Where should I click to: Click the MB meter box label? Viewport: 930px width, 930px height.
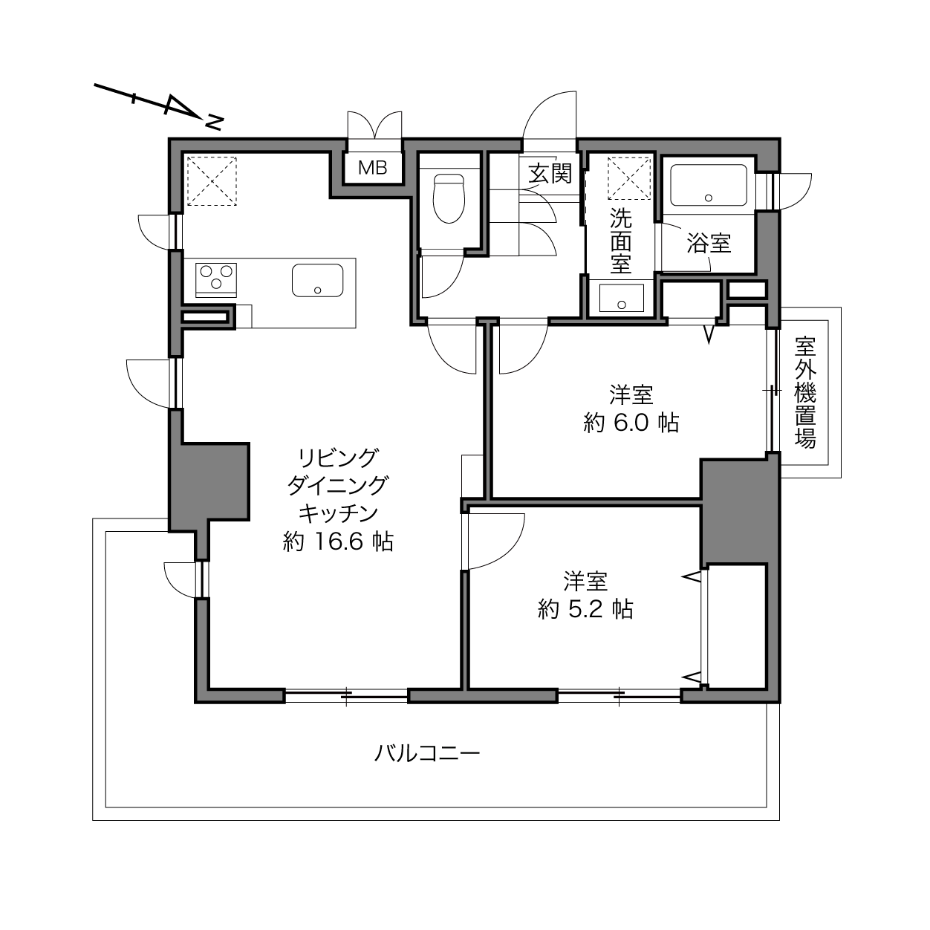373,167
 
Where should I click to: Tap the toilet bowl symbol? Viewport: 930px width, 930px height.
449,198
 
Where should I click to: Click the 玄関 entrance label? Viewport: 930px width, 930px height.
550,173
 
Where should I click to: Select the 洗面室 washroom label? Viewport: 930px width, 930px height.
621,241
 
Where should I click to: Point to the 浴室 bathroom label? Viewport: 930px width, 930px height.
709,243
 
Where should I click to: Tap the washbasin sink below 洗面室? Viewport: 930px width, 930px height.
621,298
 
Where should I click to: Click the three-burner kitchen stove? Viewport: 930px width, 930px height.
216,280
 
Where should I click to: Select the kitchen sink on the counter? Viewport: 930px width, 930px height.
318,280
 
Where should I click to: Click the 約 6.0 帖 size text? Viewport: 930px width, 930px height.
631,423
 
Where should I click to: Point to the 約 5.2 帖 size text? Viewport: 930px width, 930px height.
585,610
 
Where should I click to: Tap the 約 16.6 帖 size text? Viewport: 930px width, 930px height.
338,542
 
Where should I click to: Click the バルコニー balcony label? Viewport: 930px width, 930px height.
427,753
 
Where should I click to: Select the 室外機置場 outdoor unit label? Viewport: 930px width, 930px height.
805,392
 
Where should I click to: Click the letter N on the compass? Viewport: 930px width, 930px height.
214,123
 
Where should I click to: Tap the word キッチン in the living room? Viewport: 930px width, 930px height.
338,513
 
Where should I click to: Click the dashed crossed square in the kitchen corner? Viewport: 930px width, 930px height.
212,181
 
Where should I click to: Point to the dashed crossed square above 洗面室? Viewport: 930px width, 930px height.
629,178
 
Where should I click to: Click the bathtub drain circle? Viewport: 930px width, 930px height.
709,198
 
